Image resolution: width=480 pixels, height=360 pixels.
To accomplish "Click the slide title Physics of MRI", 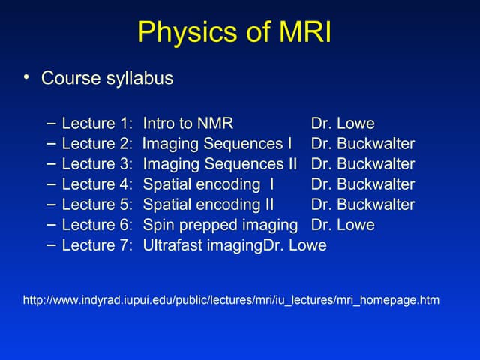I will click(x=234, y=33).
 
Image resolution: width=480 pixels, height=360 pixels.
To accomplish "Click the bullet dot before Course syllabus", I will click(x=27, y=76).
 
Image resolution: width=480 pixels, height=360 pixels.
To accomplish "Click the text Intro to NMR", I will click(x=188, y=124).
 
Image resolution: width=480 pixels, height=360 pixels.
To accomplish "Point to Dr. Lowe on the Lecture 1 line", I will click(x=343, y=124).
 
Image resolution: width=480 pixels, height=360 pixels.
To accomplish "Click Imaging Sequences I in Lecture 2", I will click(x=217, y=144).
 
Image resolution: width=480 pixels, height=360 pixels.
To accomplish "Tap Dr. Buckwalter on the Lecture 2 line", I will click(x=363, y=144).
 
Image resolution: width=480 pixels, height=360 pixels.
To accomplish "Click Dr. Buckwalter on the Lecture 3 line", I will click(x=363, y=164).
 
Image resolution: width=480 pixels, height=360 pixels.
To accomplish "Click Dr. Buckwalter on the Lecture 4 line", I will click(x=363, y=184).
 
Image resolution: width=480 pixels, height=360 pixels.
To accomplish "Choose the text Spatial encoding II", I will click(x=208, y=205).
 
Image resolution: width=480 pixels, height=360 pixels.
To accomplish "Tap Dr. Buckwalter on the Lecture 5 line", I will click(x=363, y=205).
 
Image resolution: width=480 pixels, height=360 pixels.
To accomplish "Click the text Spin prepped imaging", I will click(x=220, y=225).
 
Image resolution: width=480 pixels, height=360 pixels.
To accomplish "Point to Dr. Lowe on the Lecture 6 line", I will click(x=343, y=225).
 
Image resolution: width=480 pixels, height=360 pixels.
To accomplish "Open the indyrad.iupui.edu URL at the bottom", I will click(x=232, y=300).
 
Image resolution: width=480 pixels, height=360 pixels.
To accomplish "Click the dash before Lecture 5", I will click(x=50, y=203).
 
